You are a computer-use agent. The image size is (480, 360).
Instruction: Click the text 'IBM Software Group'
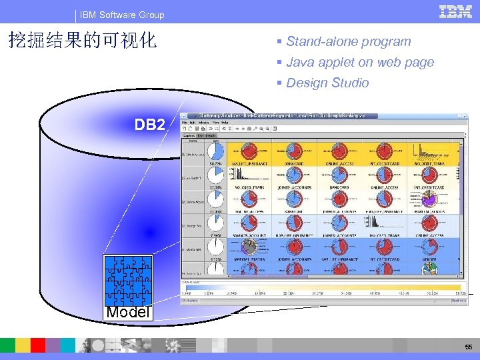tap(122, 15)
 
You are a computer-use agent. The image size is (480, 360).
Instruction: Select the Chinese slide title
tap(82, 41)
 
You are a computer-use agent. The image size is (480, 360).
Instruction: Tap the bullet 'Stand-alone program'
tap(348, 41)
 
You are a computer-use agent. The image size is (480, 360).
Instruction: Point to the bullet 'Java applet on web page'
tap(360, 62)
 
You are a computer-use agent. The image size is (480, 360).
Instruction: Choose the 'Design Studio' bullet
tap(327, 83)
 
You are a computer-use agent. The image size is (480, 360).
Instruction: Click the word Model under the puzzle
tap(128, 311)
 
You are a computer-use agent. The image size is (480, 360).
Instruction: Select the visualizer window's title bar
tap(280, 115)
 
